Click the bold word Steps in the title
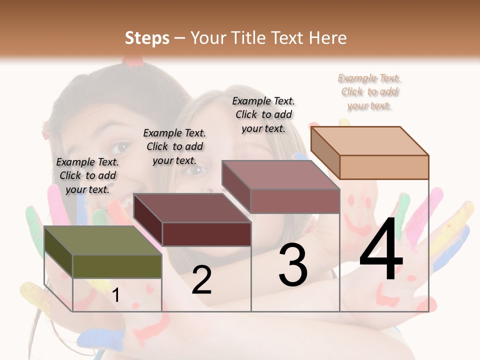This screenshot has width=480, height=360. [147, 38]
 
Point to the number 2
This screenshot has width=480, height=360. [201, 280]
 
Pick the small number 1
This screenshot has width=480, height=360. [116, 295]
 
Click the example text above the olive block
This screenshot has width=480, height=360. [87, 175]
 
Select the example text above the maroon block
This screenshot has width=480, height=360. [174, 146]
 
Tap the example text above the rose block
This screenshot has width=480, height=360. [263, 114]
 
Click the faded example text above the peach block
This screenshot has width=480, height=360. [369, 91]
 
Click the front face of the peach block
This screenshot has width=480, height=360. [384, 167]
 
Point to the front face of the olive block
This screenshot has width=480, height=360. [117, 266]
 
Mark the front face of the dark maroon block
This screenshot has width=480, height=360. [206, 234]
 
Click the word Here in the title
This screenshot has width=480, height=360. [328, 38]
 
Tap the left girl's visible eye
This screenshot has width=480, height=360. [120, 147]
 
